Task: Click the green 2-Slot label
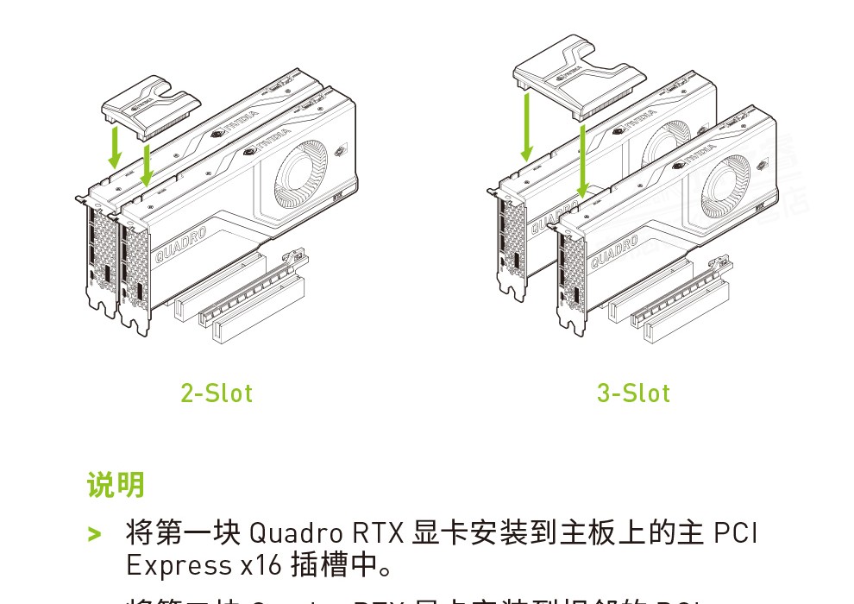[x=217, y=393]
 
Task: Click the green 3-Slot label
[x=633, y=393]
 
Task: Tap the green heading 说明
[x=116, y=485]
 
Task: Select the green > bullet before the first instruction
[x=95, y=533]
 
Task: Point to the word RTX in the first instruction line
[x=378, y=532]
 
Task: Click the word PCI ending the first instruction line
[x=736, y=532]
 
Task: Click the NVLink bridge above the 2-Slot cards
[x=150, y=104]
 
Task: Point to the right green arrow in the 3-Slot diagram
[x=584, y=160]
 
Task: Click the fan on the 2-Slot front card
[x=302, y=171]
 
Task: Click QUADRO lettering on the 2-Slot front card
[x=181, y=246]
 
